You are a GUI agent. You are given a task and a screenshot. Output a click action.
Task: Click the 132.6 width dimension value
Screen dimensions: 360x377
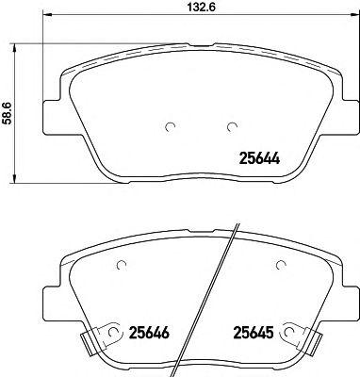click(201, 7)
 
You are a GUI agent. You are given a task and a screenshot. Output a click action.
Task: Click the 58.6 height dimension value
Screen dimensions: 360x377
click(7, 113)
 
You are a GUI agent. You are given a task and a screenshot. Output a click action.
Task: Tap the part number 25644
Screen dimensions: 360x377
click(259, 158)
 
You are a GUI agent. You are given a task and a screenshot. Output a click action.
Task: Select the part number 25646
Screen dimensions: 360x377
click(149, 332)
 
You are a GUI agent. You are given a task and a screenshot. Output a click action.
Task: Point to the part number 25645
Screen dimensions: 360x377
click(253, 332)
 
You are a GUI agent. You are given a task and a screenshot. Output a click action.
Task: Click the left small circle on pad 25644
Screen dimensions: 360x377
click(170, 126)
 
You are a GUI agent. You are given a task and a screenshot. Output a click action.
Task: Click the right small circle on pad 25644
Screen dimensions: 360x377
click(232, 126)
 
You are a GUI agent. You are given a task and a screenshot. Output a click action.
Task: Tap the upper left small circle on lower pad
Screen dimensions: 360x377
click(122, 266)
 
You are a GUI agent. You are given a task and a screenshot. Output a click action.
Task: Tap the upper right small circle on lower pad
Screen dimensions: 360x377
click(281, 266)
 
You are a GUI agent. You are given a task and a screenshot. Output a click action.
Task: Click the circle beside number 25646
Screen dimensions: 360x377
click(112, 332)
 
